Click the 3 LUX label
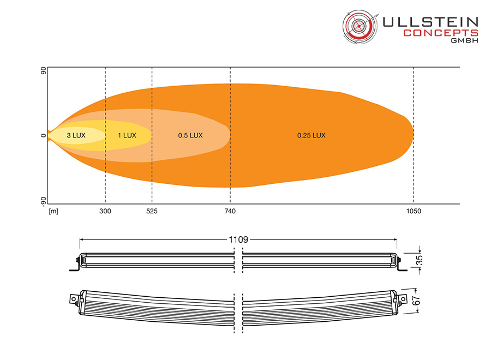pos(76,135)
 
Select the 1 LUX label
pos(127,135)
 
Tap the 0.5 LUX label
pos(190,135)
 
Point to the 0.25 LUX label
pos(312,135)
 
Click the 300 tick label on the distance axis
pos(105,211)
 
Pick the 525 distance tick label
pos(152,211)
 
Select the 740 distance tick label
pos(230,211)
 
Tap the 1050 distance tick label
pos(414,211)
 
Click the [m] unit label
pos(53,211)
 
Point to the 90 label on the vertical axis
pos(43,71)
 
